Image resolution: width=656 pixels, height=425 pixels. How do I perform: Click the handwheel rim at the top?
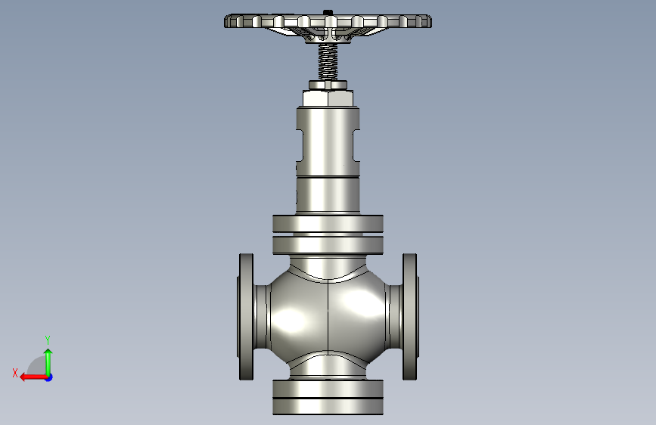[x=328, y=21]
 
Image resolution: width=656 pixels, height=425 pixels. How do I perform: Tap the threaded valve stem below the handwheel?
[x=328, y=62]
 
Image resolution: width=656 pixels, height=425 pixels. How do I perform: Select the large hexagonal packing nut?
[x=328, y=98]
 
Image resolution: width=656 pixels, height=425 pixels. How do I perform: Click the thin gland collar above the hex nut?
[x=328, y=85]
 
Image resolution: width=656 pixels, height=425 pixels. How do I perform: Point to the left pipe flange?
[x=247, y=317]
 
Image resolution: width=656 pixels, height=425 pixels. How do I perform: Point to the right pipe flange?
[x=410, y=317]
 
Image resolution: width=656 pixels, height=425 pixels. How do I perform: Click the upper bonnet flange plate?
[x=328, y=224]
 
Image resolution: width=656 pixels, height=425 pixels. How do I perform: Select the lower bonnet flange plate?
[x=328, y=246]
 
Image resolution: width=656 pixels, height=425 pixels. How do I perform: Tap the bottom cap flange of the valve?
[x=328, y=397]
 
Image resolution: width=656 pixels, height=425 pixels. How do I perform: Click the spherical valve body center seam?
[x=328, y=318]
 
